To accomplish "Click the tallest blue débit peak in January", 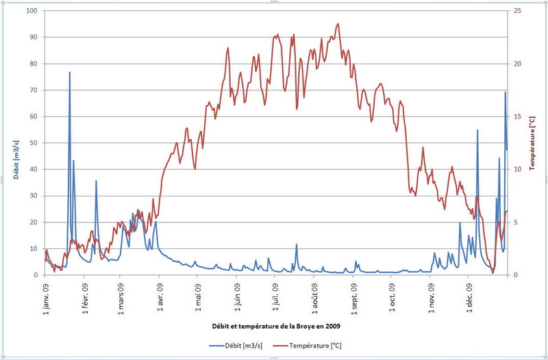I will [x=69, y=72].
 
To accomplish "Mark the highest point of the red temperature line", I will [x=338, y=24].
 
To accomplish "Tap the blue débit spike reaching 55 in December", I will [x=477, y=130].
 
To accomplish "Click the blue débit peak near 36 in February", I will [x=96, y=181].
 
